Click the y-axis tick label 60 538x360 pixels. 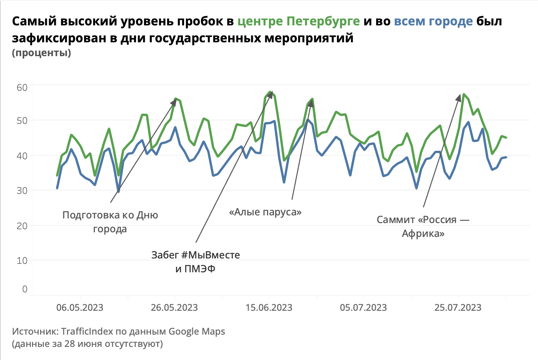pyautogui.click(x=22, y=87)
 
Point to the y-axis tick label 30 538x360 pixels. pyautogui.click(x=22, y=190)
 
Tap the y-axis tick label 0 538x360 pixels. pyautogui.click(x=25, y=289)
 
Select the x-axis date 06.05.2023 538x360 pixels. pyautogui.click(x=80, y=308)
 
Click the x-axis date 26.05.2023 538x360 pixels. pyautogui.click(x=174, y=308)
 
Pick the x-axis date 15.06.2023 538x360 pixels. pyautogui.click(x=269, y=308)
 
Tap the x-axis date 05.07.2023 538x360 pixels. pyautogui.click(x=364, y=308)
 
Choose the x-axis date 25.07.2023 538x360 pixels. pyautogui.click(x=458, y=308)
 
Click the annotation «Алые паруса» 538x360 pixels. pyautogui.click(x=265, y=212)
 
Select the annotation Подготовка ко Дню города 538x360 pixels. pyautogui.click(x=110, y=222)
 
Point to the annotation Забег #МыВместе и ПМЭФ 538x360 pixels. pyautogui.click(x=196, y=262)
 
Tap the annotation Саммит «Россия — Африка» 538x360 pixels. pyautogui.click(x=423, y=227)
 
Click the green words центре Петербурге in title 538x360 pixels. pyautogui.click(x=299, y=21)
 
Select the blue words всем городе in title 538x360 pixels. pyautogui.click(x=433, y=21)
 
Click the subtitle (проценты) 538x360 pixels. pyautogui.click(x=42, y=53)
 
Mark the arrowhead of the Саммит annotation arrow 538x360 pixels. pyautogui.click(x=459, y=97)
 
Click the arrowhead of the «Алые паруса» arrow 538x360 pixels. pyautogui.click(x=311, y=102)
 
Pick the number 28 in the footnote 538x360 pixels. pyautogui.click(x=70, y=343)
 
